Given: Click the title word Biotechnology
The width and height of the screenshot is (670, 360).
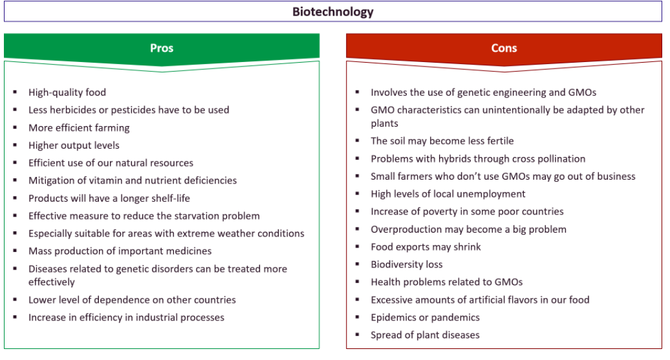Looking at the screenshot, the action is point(333,12).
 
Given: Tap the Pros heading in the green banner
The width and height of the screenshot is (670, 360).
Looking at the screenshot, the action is point(162,48).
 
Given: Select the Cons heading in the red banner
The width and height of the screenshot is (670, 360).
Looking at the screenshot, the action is point(504,48).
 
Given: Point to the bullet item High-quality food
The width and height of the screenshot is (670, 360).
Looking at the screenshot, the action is point(67,92).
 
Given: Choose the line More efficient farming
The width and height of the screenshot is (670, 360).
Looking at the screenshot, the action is point(79,128).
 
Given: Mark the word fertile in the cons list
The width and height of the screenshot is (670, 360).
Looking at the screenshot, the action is point(499,141).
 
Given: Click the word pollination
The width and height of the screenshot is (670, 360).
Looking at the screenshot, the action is point(561,159).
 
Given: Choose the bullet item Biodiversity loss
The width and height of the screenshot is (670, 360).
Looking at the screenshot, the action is point(407,265).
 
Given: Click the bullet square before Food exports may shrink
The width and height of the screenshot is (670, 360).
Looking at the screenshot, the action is point(357,247).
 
